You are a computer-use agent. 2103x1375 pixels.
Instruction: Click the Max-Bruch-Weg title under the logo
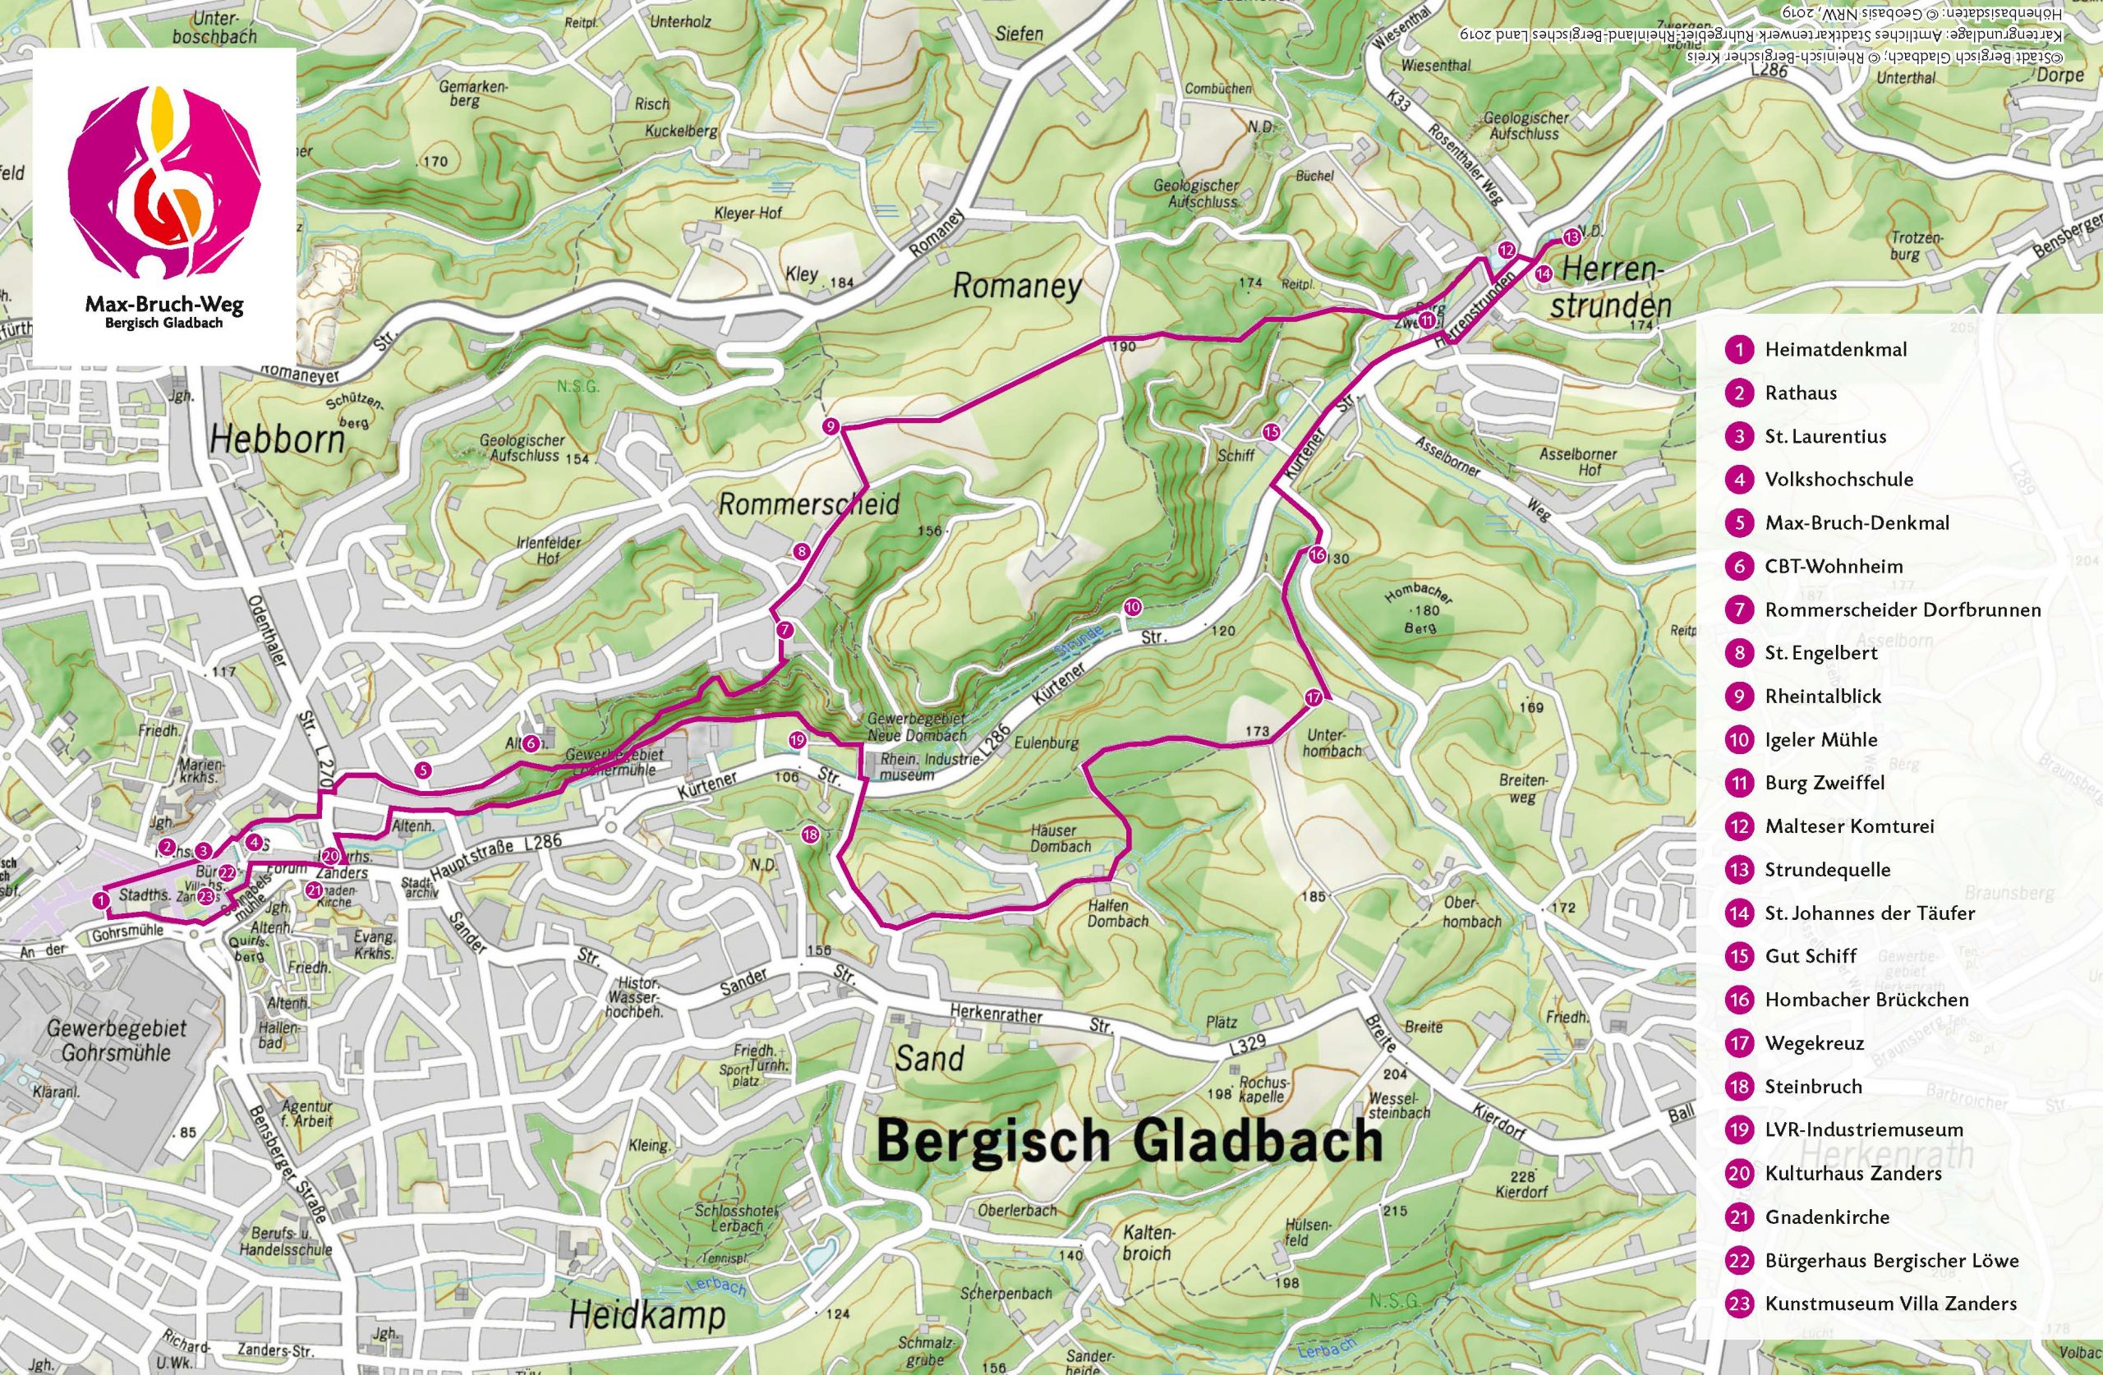(x=163, y=306)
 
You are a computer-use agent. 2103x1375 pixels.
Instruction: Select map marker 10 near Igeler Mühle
(x=1132, y=607)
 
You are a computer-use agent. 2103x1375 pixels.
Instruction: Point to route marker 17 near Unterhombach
(x=1313, y=697)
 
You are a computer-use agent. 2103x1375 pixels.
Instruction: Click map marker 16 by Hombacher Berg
(x=1317, y=556)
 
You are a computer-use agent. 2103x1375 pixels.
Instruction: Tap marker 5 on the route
(x=423, y=770)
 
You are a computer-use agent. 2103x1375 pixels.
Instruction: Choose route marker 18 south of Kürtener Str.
(x=810, y=835)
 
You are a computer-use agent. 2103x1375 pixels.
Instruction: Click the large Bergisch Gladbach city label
(x=1130, y=1140)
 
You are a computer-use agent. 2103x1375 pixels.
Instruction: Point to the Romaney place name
(x=1016, y=287)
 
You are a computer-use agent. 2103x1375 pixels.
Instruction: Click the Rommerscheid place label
(x=808, y=504)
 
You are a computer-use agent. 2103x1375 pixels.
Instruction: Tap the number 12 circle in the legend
(x=1739, y=825)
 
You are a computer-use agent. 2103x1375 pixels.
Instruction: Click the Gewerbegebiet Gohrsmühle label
(x=117, y=1041)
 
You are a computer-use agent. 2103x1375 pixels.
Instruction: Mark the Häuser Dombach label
(x=1061, y=838)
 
